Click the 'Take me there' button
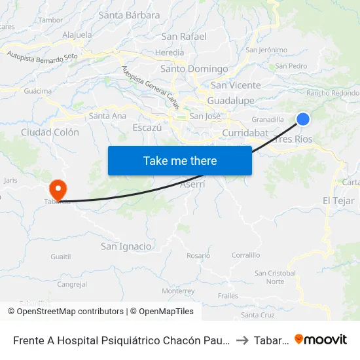pos(180,160)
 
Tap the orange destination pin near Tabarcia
pos(58,190)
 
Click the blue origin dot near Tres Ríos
pos(303,118)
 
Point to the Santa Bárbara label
pos(129,15)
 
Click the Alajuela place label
pos(77,35)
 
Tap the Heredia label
pos(170,52)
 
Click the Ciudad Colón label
pos(50,132)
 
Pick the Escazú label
pos(147,128)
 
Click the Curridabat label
pos(242,133)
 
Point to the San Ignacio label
pos(126,246)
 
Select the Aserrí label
pos(192,185)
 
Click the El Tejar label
pos(338,200)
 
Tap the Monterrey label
pos(178,291)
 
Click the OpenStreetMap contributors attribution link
pos(69,312)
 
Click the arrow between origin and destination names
pos(242,340)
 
